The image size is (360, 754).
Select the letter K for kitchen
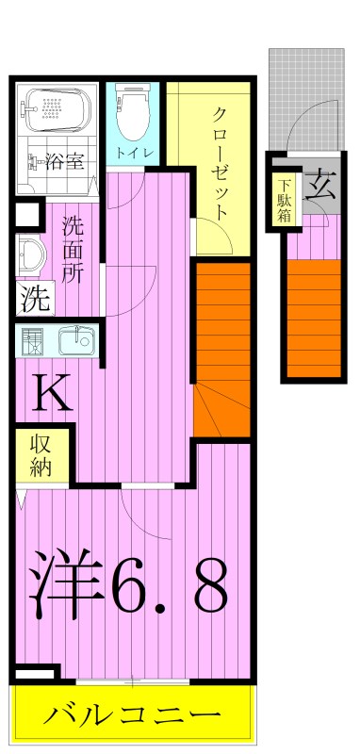click(x=54, y=394)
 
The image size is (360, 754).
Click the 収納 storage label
click(x=40, y=455)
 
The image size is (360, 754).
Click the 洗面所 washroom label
click(x=73, y=249)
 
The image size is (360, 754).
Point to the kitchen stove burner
click(x=32, y=338)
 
